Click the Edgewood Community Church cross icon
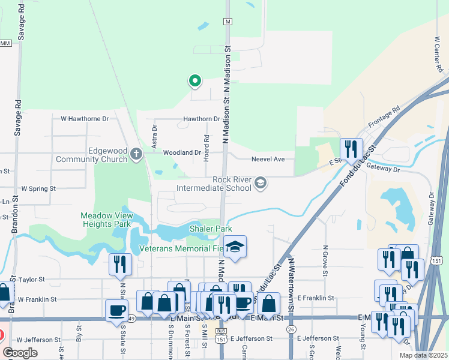pyautogui.click(x=136, y=154)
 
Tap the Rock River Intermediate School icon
pyautogui.click(x=261, y=182)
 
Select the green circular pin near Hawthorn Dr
pyautogui.click(x=194, y=80)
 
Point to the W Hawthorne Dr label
pyautogui.click(x=85, y=119)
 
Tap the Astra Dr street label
pyautogui.click(x=155, y=135)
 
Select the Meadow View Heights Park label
pyautogui.click(x=106, y=220)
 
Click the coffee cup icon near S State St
pyautogui.click(x=116, y=310)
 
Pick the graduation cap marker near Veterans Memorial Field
pyautogui.click(x=235, y=246)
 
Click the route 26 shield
pyautogui.click(x=291, y=329)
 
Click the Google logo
pyautogui.click(x=20, y=353)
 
